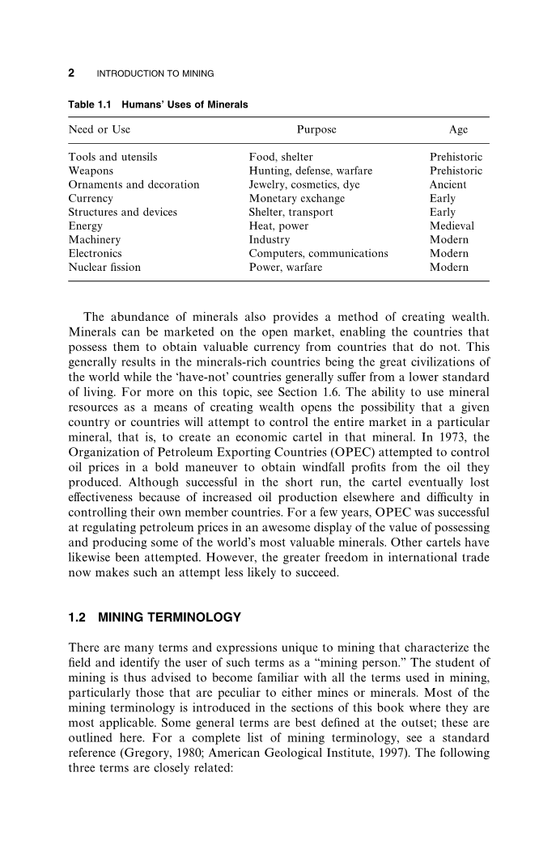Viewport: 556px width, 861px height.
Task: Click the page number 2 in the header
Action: [x=71, y=74]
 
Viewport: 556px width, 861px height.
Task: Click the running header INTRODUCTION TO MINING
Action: [x=155, y=74]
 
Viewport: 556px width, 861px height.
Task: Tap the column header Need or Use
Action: [x=100, y=129]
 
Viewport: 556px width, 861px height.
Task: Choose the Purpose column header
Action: [x=316, y=129]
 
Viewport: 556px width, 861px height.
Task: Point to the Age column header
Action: [x=458, y=129]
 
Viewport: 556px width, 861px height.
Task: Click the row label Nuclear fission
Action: [x=104, y=267]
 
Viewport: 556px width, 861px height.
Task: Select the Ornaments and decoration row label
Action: [x=134, y=184]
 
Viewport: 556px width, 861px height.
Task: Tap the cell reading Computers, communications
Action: [x=318, y=253]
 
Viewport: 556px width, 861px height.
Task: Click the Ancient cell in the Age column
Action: [x=450, y=184]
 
